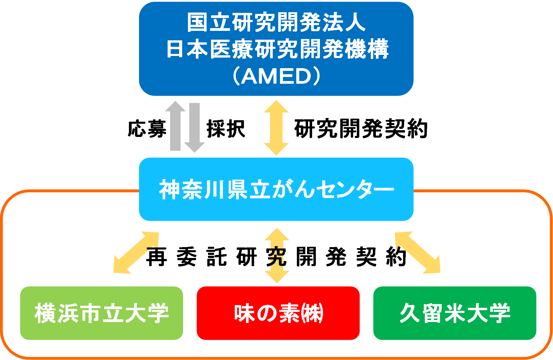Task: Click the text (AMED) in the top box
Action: coord(276,77)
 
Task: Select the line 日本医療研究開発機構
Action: coord(277,49)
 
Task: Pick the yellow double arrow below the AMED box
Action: coord(276,128)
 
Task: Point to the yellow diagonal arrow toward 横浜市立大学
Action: coord(136,253)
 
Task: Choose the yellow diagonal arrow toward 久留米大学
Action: coord(418,253)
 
